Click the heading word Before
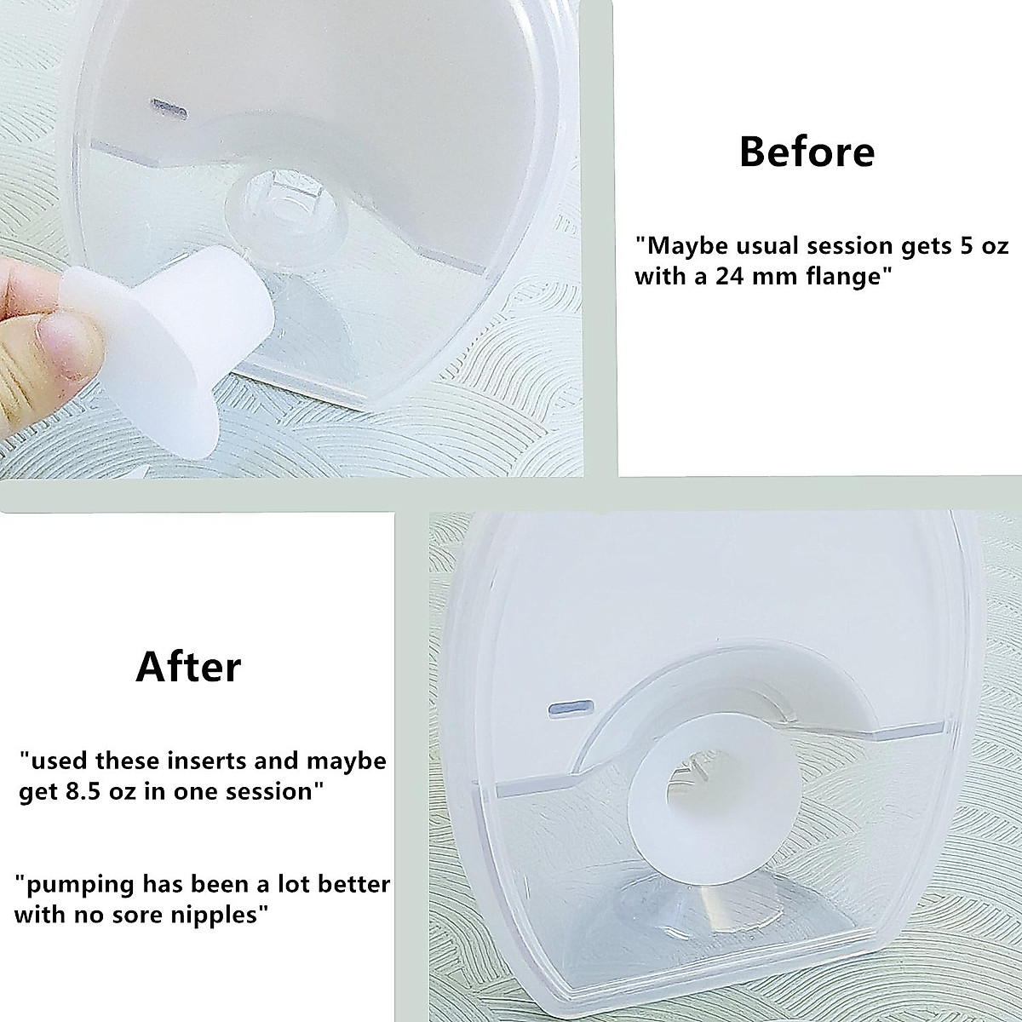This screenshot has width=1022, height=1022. click(807, 152)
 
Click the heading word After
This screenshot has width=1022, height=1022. click(188, 667)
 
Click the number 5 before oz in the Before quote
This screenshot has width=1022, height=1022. click(956, 247)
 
